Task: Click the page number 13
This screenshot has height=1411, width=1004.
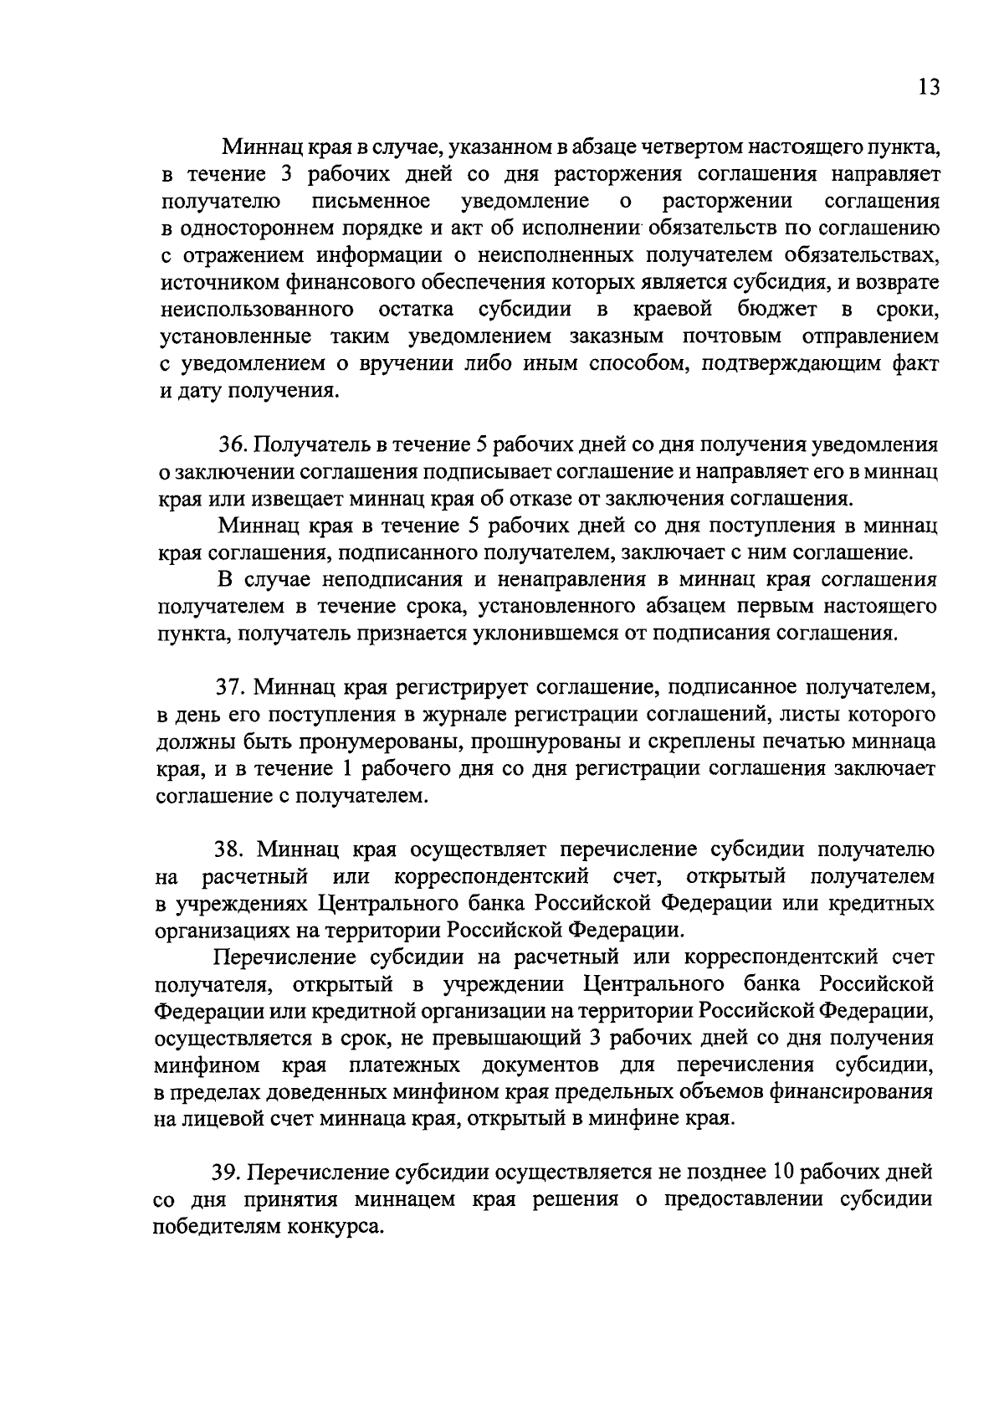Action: pyautogui.click(x=928, y=87)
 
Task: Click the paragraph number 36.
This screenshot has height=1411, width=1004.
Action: pyautogui.click(x=230, y=444)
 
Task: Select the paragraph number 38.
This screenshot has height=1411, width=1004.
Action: pyautogui.click(x=230, y=849)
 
